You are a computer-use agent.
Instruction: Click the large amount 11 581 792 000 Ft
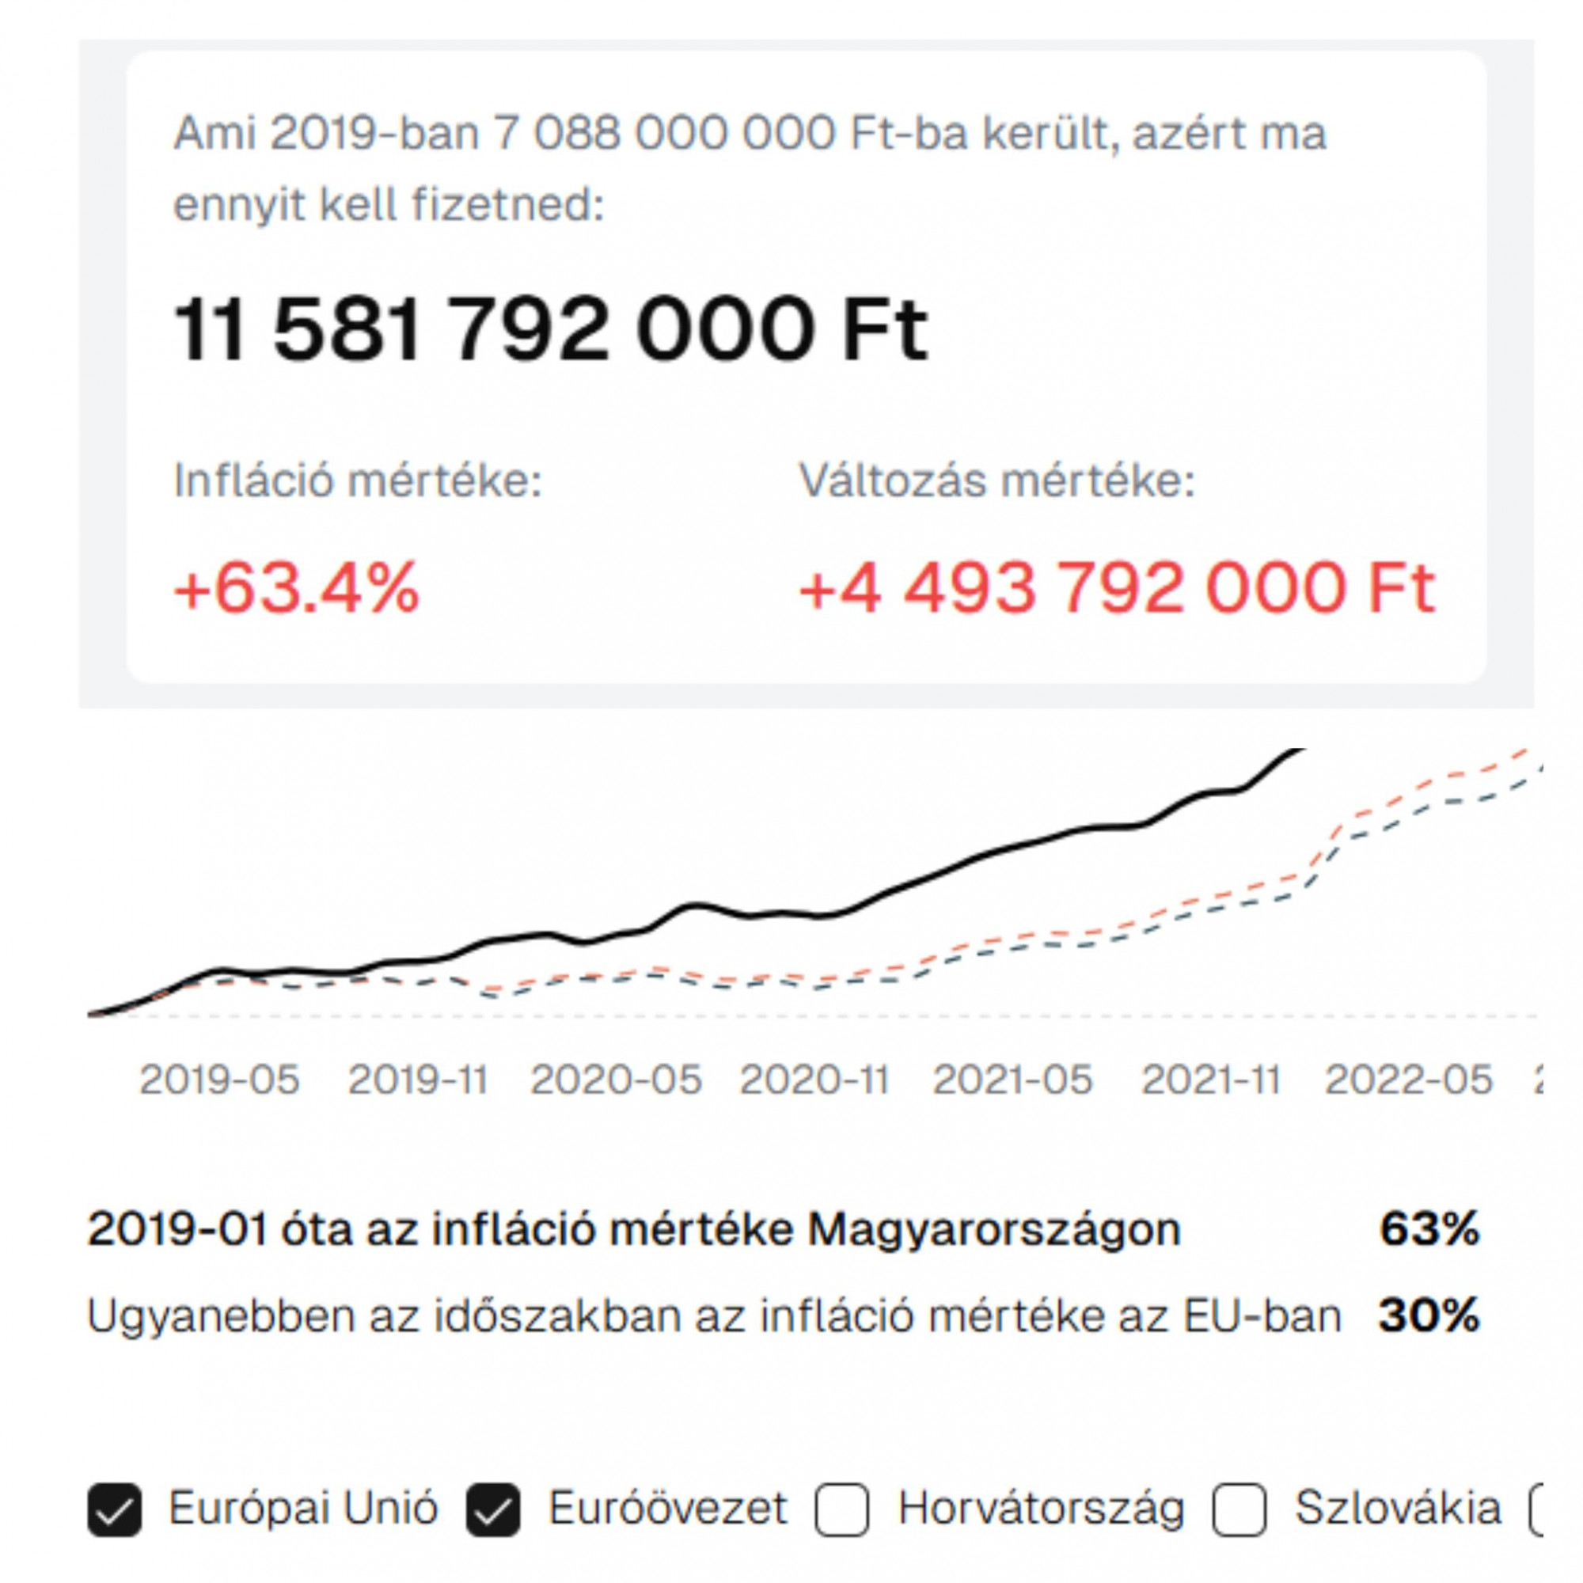551,329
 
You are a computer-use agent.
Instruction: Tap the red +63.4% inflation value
297,588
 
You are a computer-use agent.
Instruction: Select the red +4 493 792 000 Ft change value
1117,588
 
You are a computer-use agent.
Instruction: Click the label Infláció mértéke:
357,480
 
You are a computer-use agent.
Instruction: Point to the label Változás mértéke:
996,480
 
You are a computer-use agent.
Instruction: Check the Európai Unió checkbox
114,1509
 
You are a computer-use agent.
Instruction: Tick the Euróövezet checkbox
492,1509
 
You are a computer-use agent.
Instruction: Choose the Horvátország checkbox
841,1509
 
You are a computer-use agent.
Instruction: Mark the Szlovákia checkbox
1239,1509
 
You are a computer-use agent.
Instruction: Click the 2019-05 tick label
219,1080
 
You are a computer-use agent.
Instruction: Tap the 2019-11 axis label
418,1080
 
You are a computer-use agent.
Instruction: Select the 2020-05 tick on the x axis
616,1080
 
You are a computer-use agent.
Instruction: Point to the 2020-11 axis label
814,1080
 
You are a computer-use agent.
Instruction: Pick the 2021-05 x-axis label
1013,1080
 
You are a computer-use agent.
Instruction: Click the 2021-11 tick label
1211,1080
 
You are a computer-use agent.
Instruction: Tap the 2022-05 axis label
1410,1080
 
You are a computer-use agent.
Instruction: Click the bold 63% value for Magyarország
1429,1229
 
